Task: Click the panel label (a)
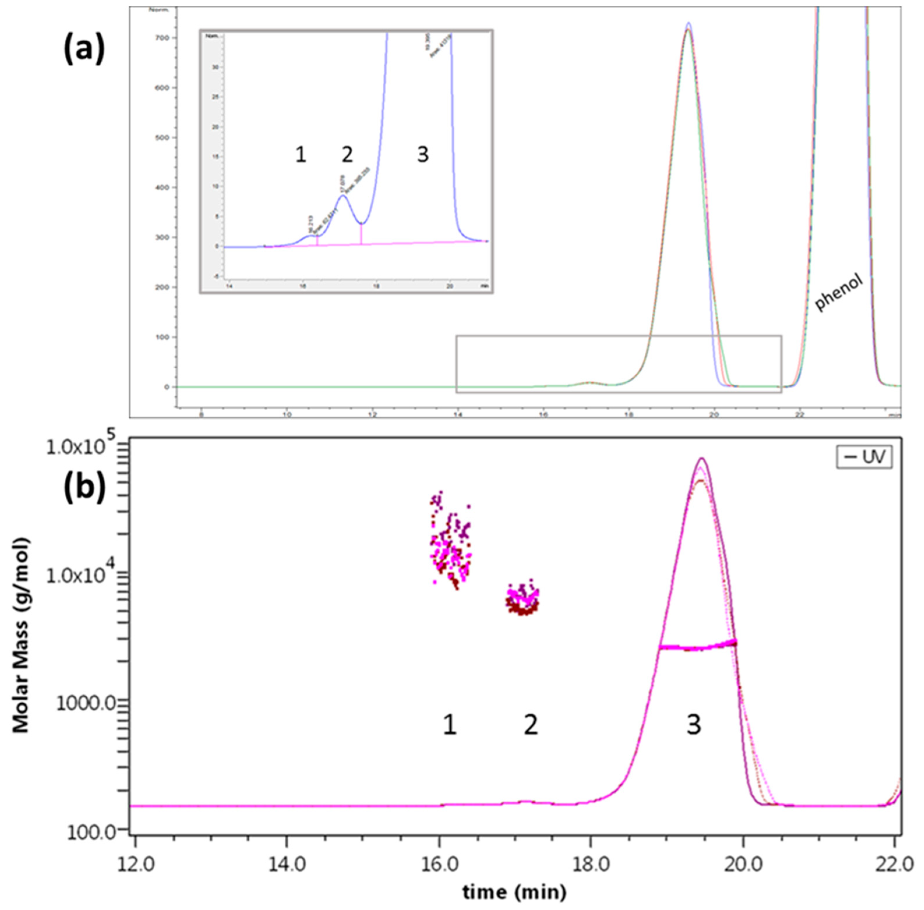84,49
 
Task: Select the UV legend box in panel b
864,457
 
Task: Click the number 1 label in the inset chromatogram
300,155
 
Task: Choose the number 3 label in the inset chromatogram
423,155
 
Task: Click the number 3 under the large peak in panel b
694,725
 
